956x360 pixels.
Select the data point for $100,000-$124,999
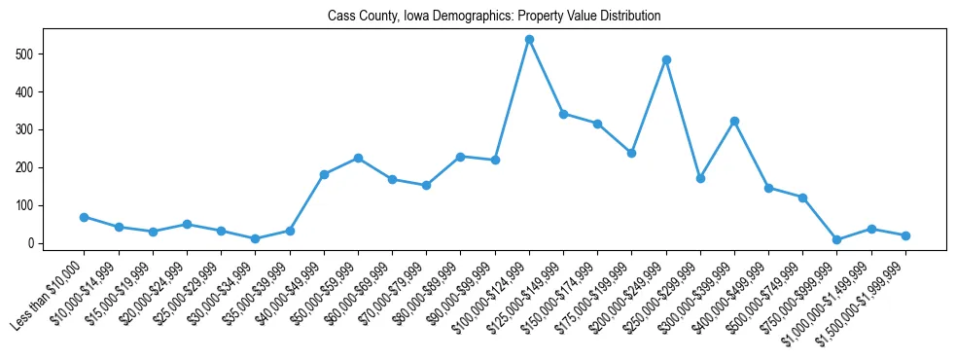pyautogui.click(x=529, y=40)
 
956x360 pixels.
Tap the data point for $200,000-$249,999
pyautogui.click(x=666, y=59)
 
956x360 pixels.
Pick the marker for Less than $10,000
pyautogui.click(x=85, y=217)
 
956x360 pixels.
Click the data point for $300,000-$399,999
pyautogui.click(x=734, y=121)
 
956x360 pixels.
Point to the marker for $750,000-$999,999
pyautogui.click(x=837, y=239)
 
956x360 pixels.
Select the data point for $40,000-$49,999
pyautogui.click(x=324, y=174)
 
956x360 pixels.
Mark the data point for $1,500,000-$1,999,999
pyautogui.click(x=905, y=235)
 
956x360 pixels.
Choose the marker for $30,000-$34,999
pyautogui.click(x=255, y=238)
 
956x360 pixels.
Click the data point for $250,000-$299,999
pyautogui.click(x=700, y=178)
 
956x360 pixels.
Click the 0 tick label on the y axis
pyautogui.click(x=31, y=243)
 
